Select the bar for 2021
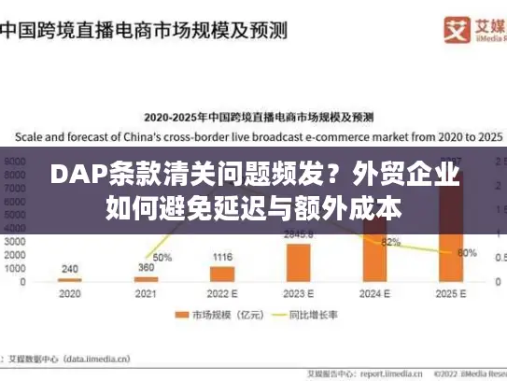tap(146, 279)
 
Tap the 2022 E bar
tap(222, 274)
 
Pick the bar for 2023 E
tap(298, 262)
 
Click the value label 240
tap(70, 268)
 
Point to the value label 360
tap(146, 267)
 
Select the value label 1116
tap(222, 257)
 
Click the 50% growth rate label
tap(162, 257)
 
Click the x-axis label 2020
tap(70, 293)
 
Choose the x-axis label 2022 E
tap(222, 293)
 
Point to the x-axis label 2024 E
tap(374, 293)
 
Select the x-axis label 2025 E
tap(450, 293)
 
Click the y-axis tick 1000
tap(16, 268)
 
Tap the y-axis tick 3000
tap(16, 241)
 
